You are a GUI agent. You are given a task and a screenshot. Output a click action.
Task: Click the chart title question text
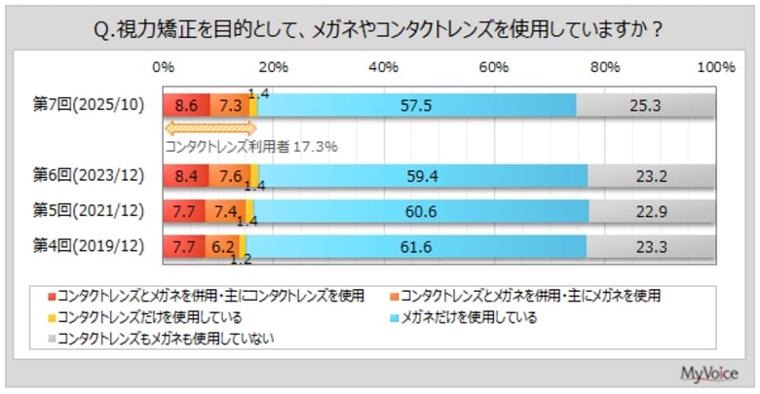point(380,29)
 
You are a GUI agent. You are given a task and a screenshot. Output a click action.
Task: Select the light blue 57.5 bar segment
point(417,104)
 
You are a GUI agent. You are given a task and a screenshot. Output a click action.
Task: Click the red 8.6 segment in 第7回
point(187,104)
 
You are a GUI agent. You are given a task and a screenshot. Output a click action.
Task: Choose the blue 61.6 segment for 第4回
point(415,247)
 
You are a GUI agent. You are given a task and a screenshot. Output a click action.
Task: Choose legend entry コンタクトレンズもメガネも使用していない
point(166,339)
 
